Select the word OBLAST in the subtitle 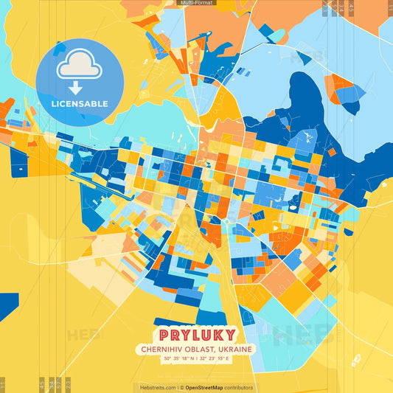201,349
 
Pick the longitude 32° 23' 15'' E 220,358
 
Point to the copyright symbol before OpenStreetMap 181,387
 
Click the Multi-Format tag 196,3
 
